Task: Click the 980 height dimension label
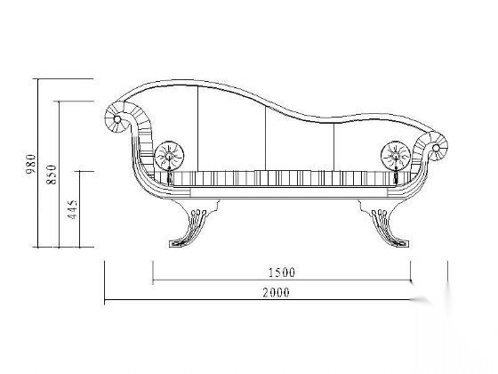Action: [31, 164]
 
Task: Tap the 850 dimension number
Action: [52, 175]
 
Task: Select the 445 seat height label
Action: [72, 209]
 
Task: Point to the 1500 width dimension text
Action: [282, 272]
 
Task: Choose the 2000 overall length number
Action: [276, 292]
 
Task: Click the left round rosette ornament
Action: [169, 156]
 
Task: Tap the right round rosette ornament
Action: [396, 156]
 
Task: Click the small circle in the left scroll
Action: [116, 119]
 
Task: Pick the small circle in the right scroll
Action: [436, 148]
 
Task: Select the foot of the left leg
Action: [178, 244]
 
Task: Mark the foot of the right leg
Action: [399, 244]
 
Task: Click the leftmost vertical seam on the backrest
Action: [197, 128]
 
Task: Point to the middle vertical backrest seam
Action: [266, 138]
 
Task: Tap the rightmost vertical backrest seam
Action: [333, 147]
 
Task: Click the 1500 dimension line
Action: [282, 280]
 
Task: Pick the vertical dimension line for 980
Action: [38, 163]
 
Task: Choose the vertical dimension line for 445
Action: [79, 209]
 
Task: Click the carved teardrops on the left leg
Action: [198, 212]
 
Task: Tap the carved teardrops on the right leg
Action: [379, 212]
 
